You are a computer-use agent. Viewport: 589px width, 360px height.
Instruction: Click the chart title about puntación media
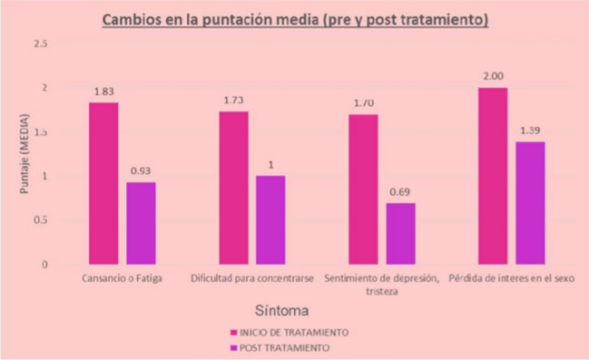tap(294, 19)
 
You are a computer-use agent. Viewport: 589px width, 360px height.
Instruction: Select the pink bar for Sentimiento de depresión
tap(364, 189)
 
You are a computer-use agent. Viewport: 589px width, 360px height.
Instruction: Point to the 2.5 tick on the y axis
tap(42, 44)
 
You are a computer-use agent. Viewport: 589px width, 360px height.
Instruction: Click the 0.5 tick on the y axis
tap(42, 220)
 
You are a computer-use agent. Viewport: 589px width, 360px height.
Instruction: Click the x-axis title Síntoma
tap(295, 308)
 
